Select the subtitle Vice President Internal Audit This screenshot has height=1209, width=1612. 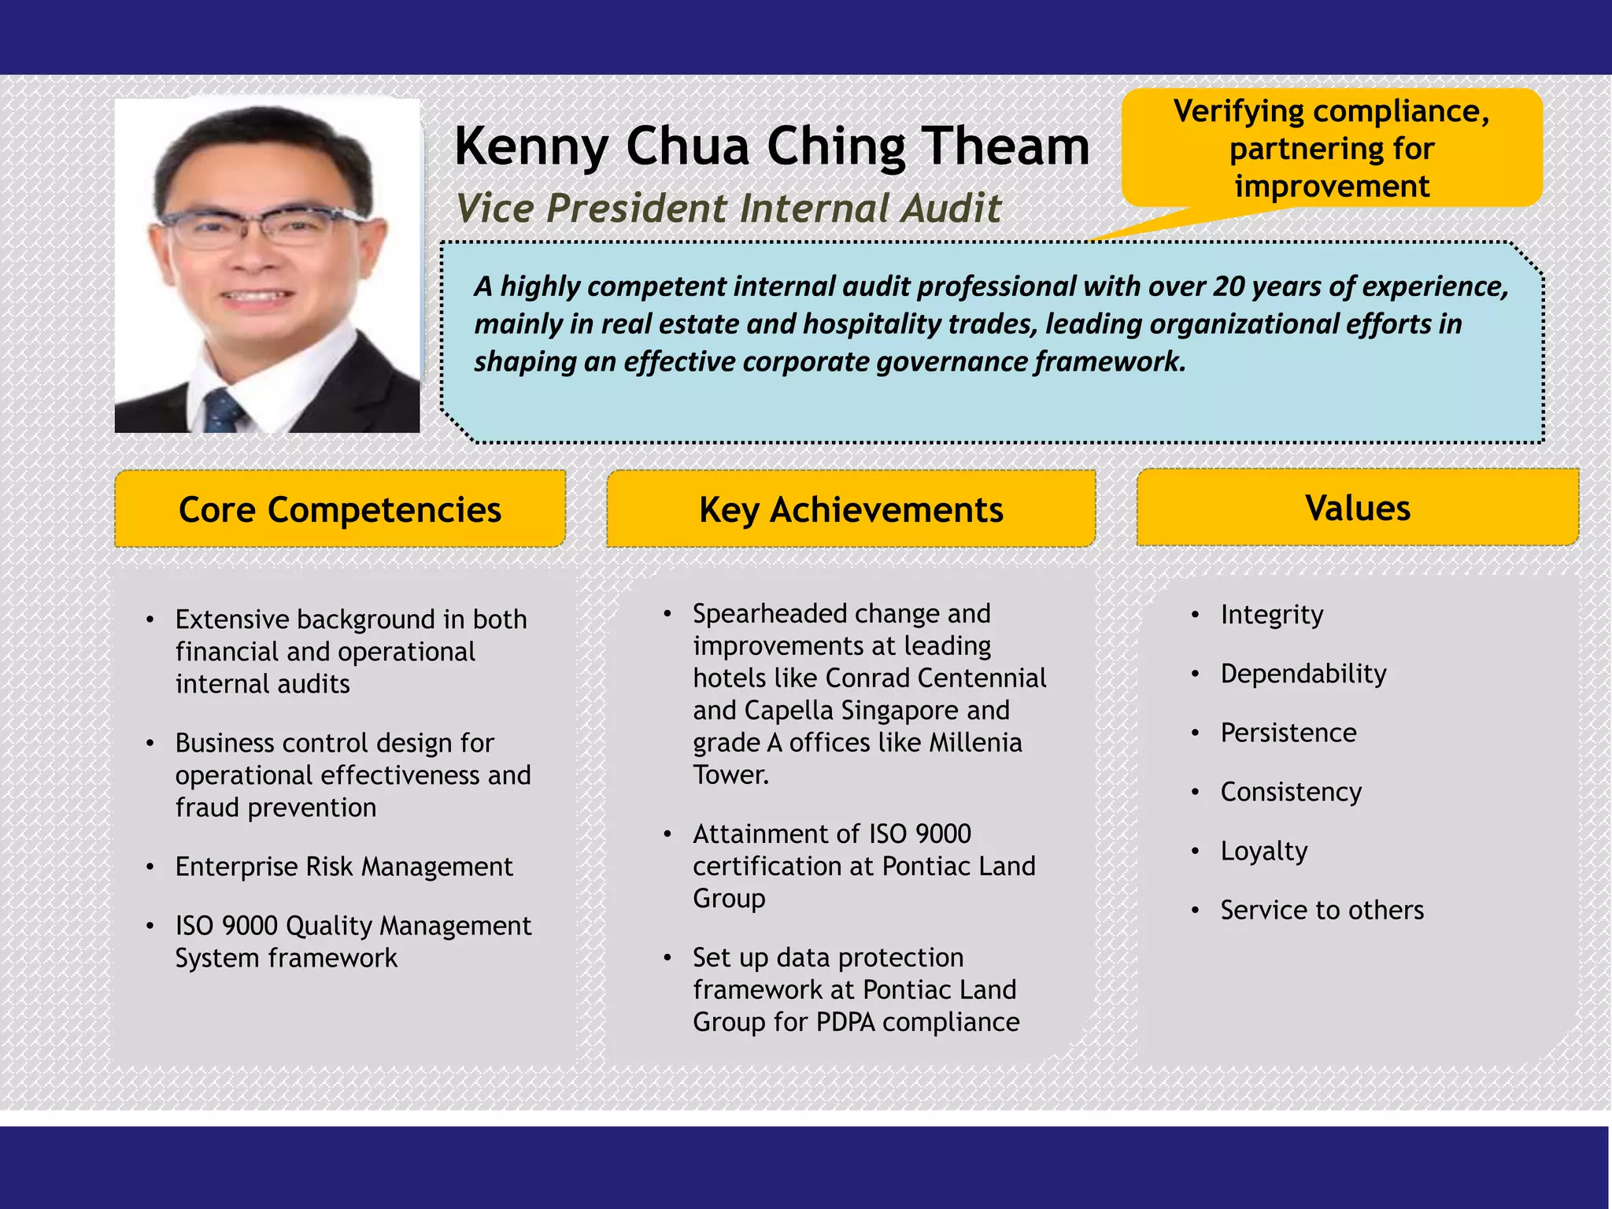[x=728, y=209]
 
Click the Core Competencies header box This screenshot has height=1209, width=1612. [x=339, y=509]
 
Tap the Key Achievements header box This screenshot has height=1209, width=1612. [x=851, y=509]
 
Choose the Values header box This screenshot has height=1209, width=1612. [x=1357, y=508]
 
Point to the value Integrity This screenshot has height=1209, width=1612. [x=1271, y=615]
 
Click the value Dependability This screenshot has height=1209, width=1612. [x=1303, y=674]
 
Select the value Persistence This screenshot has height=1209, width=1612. [x=1288, y=733]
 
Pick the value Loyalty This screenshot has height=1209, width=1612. [x=1263, y=851]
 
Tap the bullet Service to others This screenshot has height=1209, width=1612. [x=1322, y=910]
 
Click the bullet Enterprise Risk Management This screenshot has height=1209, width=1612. [x=343, y=867]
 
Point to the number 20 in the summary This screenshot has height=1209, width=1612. [x=1229, y=287]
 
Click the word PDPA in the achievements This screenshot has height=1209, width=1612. [x=845, y=1022]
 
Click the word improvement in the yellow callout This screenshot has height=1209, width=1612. [x=1331, y=187]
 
